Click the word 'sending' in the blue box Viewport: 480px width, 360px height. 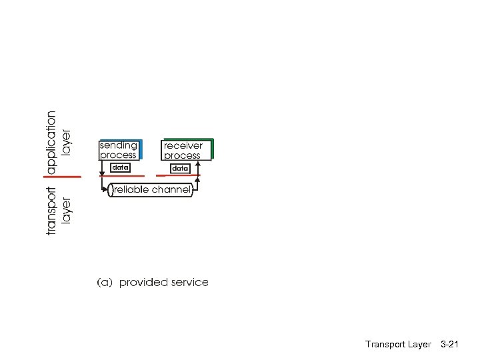pos(119,145)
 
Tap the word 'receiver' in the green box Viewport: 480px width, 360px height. pos(183,145)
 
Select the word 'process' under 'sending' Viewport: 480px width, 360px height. pos(118,155)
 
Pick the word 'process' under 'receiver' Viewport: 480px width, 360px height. pos(182,156)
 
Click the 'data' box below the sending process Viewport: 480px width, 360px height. pos(120,168)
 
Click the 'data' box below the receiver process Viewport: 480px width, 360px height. pos(180,169)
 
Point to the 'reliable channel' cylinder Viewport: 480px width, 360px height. pos(151,190)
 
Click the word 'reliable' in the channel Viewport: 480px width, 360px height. pos(132,190)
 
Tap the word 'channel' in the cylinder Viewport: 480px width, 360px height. pos(171,190)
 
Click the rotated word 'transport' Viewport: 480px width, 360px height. pos(51,210)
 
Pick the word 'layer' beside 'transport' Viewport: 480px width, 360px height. pos(67,210)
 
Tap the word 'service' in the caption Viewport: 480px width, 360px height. pos(190,283)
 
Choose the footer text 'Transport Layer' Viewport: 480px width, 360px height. pos(398,344)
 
